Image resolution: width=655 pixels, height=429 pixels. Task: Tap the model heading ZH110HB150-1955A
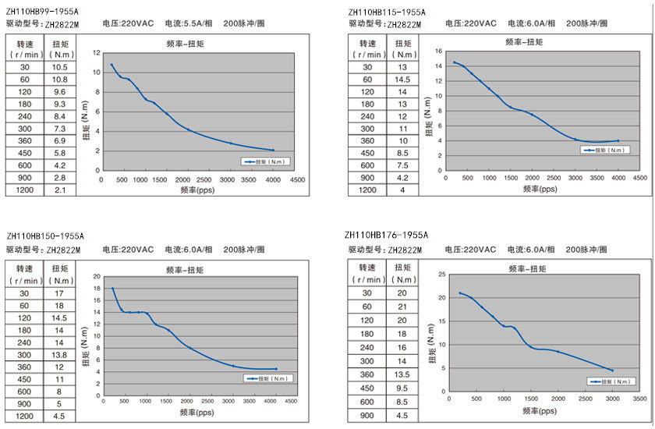[45, 236]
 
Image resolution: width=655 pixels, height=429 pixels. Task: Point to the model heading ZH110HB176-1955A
[386, 235]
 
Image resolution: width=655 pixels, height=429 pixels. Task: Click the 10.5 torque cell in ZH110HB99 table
[60, 68]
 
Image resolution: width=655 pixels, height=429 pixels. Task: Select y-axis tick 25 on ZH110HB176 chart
[442, 274]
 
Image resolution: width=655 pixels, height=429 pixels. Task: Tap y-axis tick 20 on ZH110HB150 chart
[97, 276]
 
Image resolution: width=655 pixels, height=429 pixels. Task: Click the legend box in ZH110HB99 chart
[265, 161]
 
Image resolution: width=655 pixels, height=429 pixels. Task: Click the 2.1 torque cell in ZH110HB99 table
[60, 190]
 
